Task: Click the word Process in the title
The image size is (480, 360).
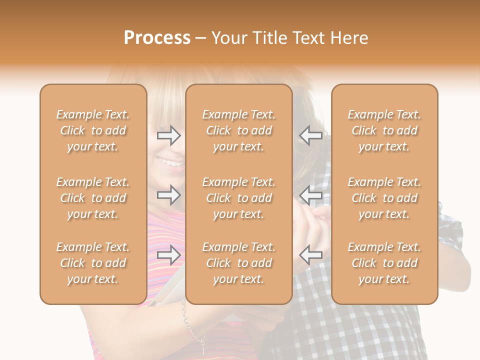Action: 157,38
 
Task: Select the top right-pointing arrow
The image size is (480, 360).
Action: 168,135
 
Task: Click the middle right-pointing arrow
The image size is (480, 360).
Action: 168,195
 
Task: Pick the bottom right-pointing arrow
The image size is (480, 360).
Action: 168,255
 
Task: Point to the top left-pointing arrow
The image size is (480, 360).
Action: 310,135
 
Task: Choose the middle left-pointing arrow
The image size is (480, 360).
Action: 310,195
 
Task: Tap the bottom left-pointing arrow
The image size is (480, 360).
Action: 310,255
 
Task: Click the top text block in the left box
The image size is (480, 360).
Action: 93,130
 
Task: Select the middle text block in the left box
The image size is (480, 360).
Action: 93,198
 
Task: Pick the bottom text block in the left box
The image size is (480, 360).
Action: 93,263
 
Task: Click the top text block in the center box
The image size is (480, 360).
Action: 239,130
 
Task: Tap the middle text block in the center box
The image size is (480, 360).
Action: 239,198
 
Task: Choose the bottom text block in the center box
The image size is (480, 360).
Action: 239,263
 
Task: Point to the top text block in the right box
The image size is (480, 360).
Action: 384,130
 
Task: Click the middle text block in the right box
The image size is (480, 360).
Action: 384,198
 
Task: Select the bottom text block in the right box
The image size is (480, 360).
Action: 384,263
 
